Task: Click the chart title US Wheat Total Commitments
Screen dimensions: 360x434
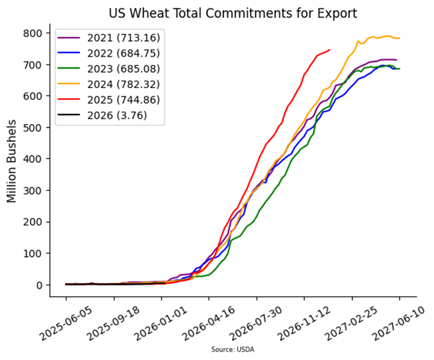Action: (233, 13)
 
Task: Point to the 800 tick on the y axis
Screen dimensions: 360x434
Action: (40, 33)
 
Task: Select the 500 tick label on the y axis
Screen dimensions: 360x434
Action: (40, 128)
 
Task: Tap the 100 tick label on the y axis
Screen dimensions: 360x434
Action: (40, 254)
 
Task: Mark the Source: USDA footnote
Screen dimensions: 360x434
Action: (233, 350)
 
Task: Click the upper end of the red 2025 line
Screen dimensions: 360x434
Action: (329, 50)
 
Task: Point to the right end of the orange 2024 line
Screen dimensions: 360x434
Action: (399, 38)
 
